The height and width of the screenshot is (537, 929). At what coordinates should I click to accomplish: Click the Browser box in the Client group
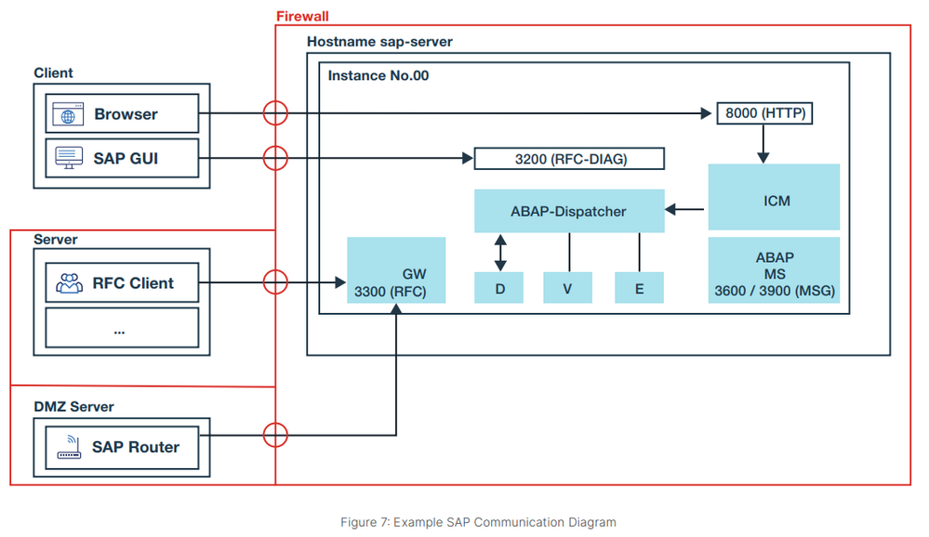[x=123, y=114]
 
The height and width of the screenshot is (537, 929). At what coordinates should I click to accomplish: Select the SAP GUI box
[x=123, y=158]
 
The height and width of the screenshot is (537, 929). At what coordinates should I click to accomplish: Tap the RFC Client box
[x=123, y=282]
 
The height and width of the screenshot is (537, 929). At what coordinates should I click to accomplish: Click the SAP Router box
[x=123, y=447]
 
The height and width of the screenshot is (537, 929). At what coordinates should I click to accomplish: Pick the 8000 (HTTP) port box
[x=763, y=114]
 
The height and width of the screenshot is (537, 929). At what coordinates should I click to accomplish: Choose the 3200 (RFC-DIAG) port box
[x=569, y=159]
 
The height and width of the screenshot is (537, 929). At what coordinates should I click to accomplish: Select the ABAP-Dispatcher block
[x=569, y=211]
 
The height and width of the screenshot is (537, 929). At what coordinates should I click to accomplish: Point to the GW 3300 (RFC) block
[x=396, y=270]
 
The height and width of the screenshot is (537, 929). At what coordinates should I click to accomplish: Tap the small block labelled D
[x=499, y=289]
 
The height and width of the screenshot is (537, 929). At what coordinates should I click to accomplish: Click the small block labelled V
[x=567, y=289]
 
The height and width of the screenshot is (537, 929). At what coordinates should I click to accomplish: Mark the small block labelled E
[x=639, y=289]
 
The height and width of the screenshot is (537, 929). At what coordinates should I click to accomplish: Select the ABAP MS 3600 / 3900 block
[x=774, y=270]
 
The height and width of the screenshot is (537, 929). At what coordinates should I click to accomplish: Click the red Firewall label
[x=302, y=17]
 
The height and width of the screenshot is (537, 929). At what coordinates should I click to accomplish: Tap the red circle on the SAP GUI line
[x=275, y=158]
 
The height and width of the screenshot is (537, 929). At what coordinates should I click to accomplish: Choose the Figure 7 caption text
[x=478, y=522]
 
